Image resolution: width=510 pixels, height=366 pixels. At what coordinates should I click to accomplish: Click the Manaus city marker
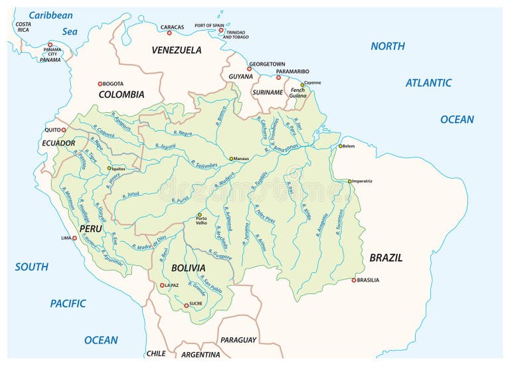click(x=231, y=159)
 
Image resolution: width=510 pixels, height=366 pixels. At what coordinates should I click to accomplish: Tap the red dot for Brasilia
click(x=354, y=280)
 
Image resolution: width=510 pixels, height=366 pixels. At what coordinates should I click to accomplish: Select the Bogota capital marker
click(x=100, y=84)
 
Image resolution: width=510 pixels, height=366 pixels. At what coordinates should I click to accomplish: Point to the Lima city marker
click(x=74, y=238)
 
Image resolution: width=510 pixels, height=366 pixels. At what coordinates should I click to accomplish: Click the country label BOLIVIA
click(x=187, y=268)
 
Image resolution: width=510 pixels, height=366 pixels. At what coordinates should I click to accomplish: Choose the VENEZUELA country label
click(x=176, y=50)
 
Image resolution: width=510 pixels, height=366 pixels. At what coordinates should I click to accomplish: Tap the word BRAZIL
click(x=385, y=258)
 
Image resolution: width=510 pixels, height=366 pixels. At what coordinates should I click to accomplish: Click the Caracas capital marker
click(x=169, y=33)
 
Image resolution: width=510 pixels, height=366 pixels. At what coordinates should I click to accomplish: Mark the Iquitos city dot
click(x=110, y=168)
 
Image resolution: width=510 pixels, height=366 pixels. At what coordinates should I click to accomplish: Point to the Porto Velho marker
click(x=199, y=215)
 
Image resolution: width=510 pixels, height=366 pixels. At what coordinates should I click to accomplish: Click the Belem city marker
click(x=340, y=146)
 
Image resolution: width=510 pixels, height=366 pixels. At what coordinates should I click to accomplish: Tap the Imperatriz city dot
click(x=349, y=181)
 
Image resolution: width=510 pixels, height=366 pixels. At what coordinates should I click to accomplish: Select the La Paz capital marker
click(x=161, y=286)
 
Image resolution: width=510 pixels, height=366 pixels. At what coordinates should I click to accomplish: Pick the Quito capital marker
click(x=64, y=130)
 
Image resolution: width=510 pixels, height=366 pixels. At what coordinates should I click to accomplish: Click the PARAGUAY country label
click(x=238, y=340)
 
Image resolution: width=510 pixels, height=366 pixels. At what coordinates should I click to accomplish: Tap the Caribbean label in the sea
click(x=50, y=15)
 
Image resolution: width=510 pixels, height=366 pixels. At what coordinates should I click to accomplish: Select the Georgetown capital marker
click(x=249, y=68)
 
